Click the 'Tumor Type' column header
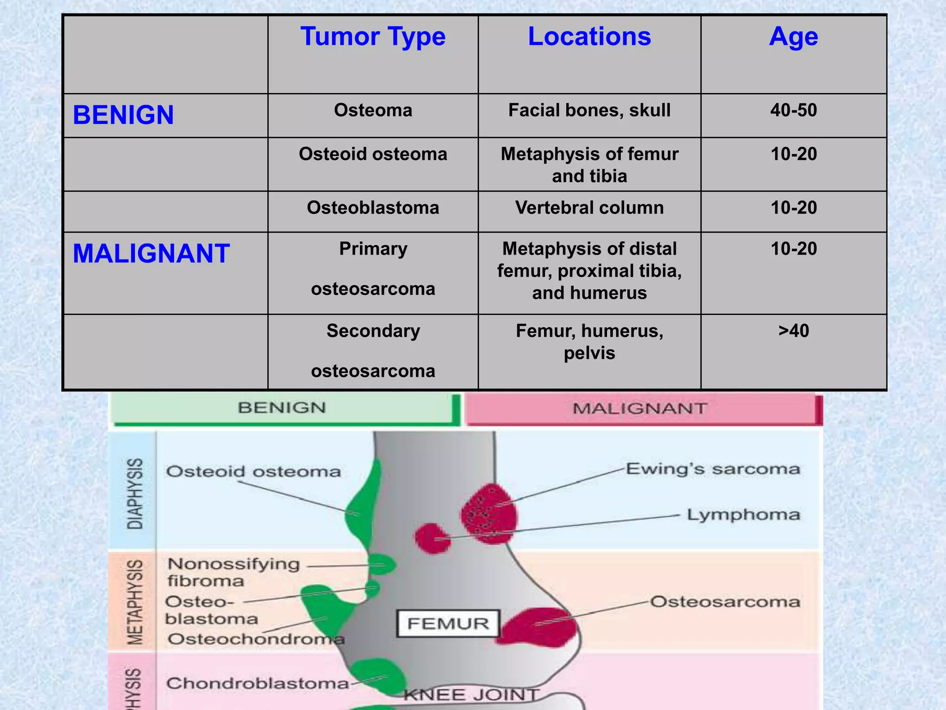[373, 37]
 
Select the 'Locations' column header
[589, 37]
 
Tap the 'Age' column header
[793, 37]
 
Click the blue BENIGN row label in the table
[123, 115]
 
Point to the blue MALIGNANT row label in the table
[151, 254]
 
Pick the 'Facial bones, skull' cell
[589, 110]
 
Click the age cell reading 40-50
[793, 110]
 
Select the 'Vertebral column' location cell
[589, 208]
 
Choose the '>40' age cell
[793, 331]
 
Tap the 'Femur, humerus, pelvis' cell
[589, 342]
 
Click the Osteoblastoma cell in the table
[373, 208]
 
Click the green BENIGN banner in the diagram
[282, 408]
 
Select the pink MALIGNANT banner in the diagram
[640, 409]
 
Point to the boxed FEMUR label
[448, 624]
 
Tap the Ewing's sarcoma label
[713, 469]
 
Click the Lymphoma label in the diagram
[743, 515]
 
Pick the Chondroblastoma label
[257, 683]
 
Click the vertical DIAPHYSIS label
[135, 494]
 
